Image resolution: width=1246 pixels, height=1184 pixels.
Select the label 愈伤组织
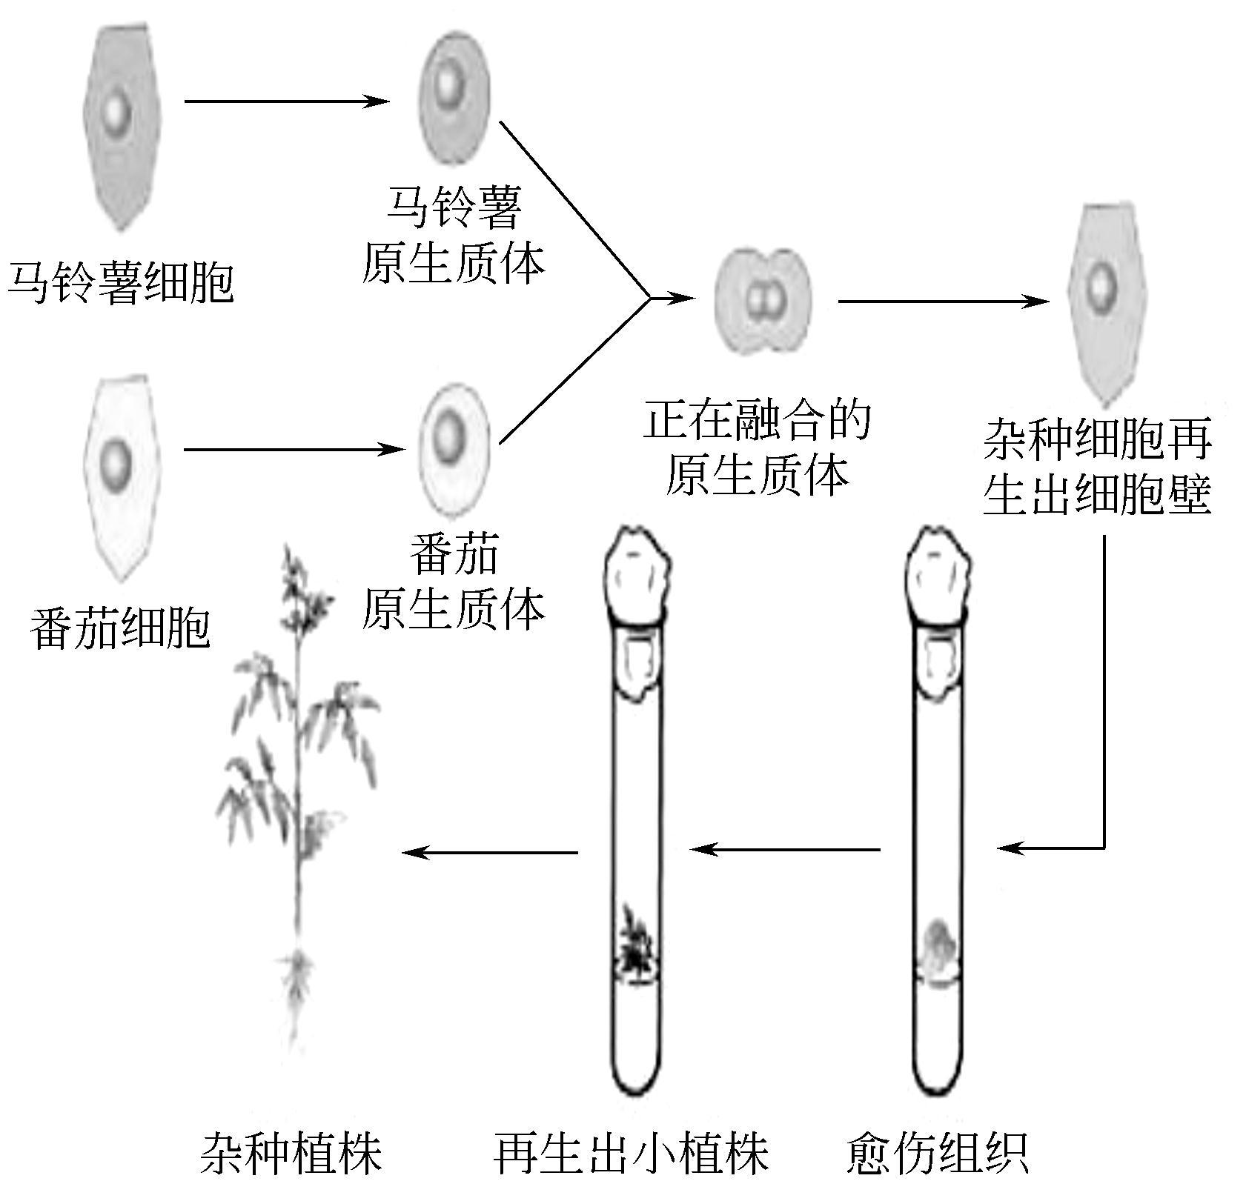(937, 1153)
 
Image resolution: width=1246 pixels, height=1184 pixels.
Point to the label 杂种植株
(291, 1153)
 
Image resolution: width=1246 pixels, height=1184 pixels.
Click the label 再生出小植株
(632, 1153)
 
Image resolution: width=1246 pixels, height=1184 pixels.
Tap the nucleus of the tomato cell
(116, 460)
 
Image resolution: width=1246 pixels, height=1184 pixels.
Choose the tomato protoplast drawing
(453, 449)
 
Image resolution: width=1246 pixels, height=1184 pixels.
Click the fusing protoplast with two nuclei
(763, 300)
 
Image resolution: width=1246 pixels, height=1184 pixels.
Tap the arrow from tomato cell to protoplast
(294, 449)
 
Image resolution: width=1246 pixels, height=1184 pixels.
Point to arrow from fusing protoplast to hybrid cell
(943, 301)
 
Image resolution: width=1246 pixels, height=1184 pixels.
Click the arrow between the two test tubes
(786, 848)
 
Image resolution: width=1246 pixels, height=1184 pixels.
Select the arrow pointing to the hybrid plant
(489, 852)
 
